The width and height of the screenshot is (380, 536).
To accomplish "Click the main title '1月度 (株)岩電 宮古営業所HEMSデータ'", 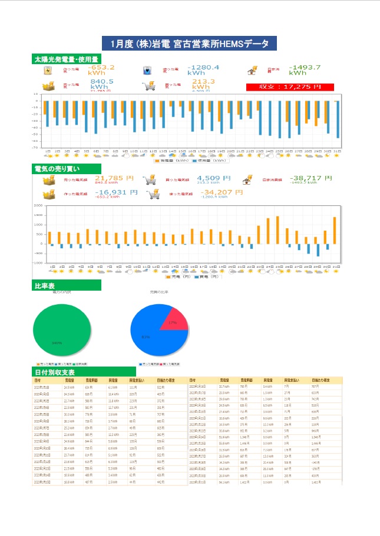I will point(190,44).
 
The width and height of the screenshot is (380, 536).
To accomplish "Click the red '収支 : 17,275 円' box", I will point(290,86).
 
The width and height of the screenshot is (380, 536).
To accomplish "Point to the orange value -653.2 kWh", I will point(101,71).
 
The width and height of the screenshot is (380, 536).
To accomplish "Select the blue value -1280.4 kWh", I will point(203,71).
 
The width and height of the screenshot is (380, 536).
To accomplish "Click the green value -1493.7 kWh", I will point(305,70).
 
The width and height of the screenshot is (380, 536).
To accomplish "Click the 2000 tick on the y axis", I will point(38,206).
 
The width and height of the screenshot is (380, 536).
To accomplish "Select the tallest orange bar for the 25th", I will point(277,230).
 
